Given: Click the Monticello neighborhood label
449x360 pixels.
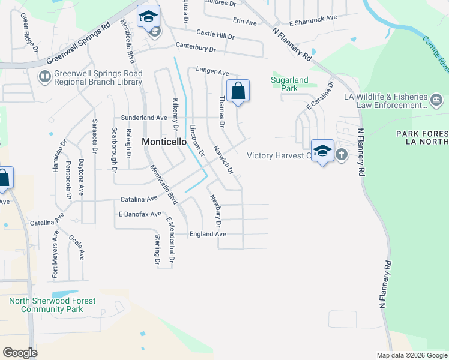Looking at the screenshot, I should pyautogui.click(x=163, y=142).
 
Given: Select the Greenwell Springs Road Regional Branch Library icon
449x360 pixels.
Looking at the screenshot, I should pyautogui.click(x=44, y=77).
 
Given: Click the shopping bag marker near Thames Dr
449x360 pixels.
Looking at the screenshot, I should pyautogui.click(x=238, y=91).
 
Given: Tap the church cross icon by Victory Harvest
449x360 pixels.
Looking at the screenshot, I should pyautogui.click(x=341, y=154).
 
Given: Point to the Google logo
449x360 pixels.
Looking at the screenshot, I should pyautogui.click(x=20, y=353).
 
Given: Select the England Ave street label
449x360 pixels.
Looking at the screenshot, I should pyautogui.click(x=208, y=234).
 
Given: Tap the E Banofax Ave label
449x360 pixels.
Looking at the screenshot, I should pyautogui.click(x=140, y=214).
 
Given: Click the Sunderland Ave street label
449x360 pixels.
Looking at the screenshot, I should pyautogui.click(x=144, y=118).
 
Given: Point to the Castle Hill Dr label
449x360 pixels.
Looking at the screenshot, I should pyautogui.click(x=215, y=34).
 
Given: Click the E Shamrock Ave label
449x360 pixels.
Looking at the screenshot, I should pyautogui.click(x=313, y=20).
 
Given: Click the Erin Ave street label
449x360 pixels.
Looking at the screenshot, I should pyautogui.click(x=244, y=22).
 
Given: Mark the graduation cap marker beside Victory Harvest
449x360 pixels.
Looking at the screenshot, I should pyautogui.click(x=322, y=151).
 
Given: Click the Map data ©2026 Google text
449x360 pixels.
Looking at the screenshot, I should pyautogui.click(x=411, y=355).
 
